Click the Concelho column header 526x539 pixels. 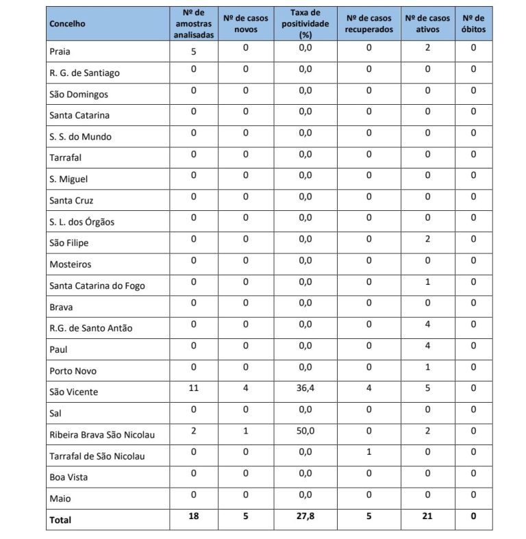point(68,24)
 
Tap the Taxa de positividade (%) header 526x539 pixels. point(305,23)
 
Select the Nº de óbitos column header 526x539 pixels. point(473,23)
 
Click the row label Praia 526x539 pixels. point(60,51)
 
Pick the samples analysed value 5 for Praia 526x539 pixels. point(194,50)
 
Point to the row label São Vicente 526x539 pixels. point(74,392)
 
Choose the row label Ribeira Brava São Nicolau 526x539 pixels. point(102,434)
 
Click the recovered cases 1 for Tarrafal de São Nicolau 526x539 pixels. point(368,452)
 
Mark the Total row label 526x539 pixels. point(60,520)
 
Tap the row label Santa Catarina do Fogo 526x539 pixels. point(97,286)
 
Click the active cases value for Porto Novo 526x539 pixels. point(427,367)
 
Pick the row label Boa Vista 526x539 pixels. point(68,477)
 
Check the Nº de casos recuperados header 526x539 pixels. point(368,23)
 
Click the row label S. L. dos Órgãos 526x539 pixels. point(82,222)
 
